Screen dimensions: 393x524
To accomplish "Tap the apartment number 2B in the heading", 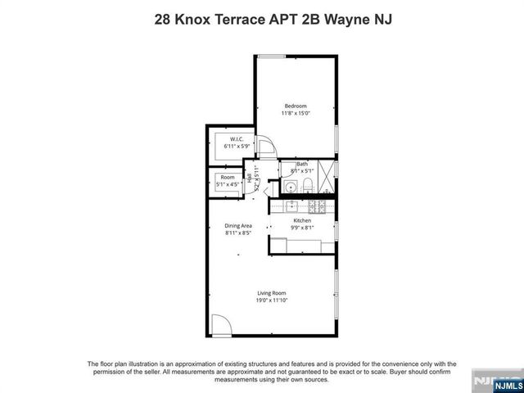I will click(x=312, y=18).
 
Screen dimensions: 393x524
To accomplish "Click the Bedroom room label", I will click(x=295, y=106).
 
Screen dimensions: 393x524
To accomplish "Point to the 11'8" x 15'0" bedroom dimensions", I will click(x=295, y=114).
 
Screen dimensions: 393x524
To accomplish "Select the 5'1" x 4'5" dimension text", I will click(x=227, y=185).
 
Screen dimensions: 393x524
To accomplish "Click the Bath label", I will click(x=302, y=164).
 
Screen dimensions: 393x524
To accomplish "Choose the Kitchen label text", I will click(x=302, y=221).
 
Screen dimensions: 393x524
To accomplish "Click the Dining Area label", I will click(x=238, y=226).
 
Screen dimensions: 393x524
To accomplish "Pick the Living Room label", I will click(x=272, y=293).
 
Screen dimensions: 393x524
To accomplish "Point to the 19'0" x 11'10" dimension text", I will click(x=272, y=300).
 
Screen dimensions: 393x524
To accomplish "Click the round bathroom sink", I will click(x=291, y=188).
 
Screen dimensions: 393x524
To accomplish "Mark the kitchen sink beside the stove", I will click(x=311, y=206).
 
